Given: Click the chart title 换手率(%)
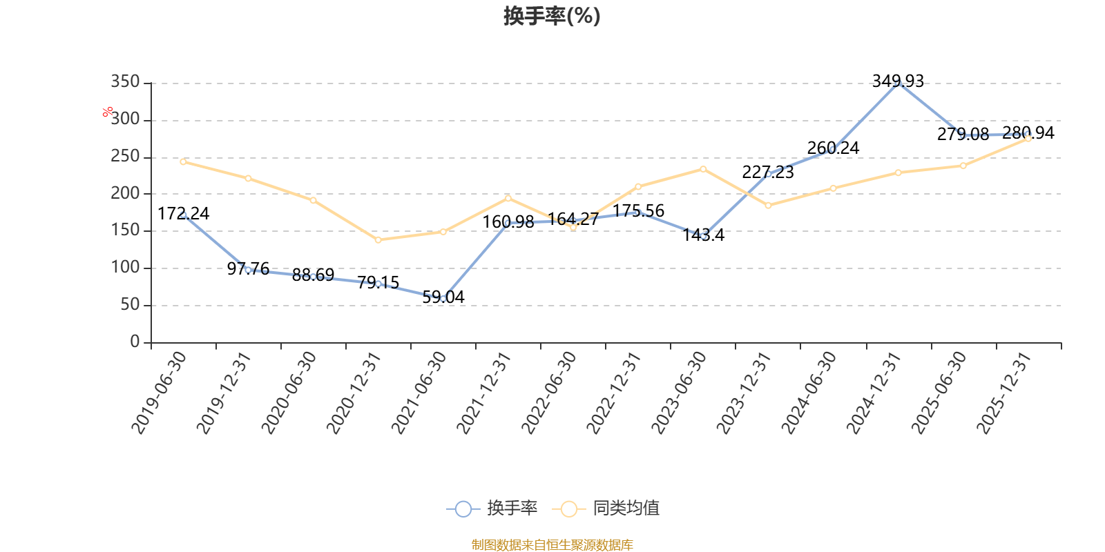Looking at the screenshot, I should click(552, 16).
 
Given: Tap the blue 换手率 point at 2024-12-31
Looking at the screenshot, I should click(898, 83).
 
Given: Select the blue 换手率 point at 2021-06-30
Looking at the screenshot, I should click(443, 299).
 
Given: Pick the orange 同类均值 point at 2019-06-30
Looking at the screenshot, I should click(183, 161).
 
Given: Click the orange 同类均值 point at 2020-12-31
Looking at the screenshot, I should click(378, 240).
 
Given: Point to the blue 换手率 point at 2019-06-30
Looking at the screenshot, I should click(183, 215).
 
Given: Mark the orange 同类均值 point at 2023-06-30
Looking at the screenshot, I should click(703, 169).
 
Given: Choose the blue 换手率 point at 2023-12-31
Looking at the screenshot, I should click(768, 174).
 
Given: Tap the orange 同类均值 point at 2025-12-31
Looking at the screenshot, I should click(1028, 139).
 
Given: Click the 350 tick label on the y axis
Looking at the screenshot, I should click(125, 82).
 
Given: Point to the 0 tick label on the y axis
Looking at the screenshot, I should click(135, 342).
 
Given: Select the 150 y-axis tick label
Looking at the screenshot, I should click(125, 230).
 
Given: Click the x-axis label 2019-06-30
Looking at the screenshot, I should click(160, 392).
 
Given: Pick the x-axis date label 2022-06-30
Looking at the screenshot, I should click(549, 392).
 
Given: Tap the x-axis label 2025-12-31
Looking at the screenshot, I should click(1004, 392).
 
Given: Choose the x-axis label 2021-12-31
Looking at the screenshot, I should click(484, 392).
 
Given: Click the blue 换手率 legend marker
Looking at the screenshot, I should click(463, 509).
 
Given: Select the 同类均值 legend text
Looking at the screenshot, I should click(626, 509).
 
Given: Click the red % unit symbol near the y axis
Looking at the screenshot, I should click(108, 112).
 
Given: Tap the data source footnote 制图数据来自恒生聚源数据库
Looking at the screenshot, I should click(552, 545).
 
